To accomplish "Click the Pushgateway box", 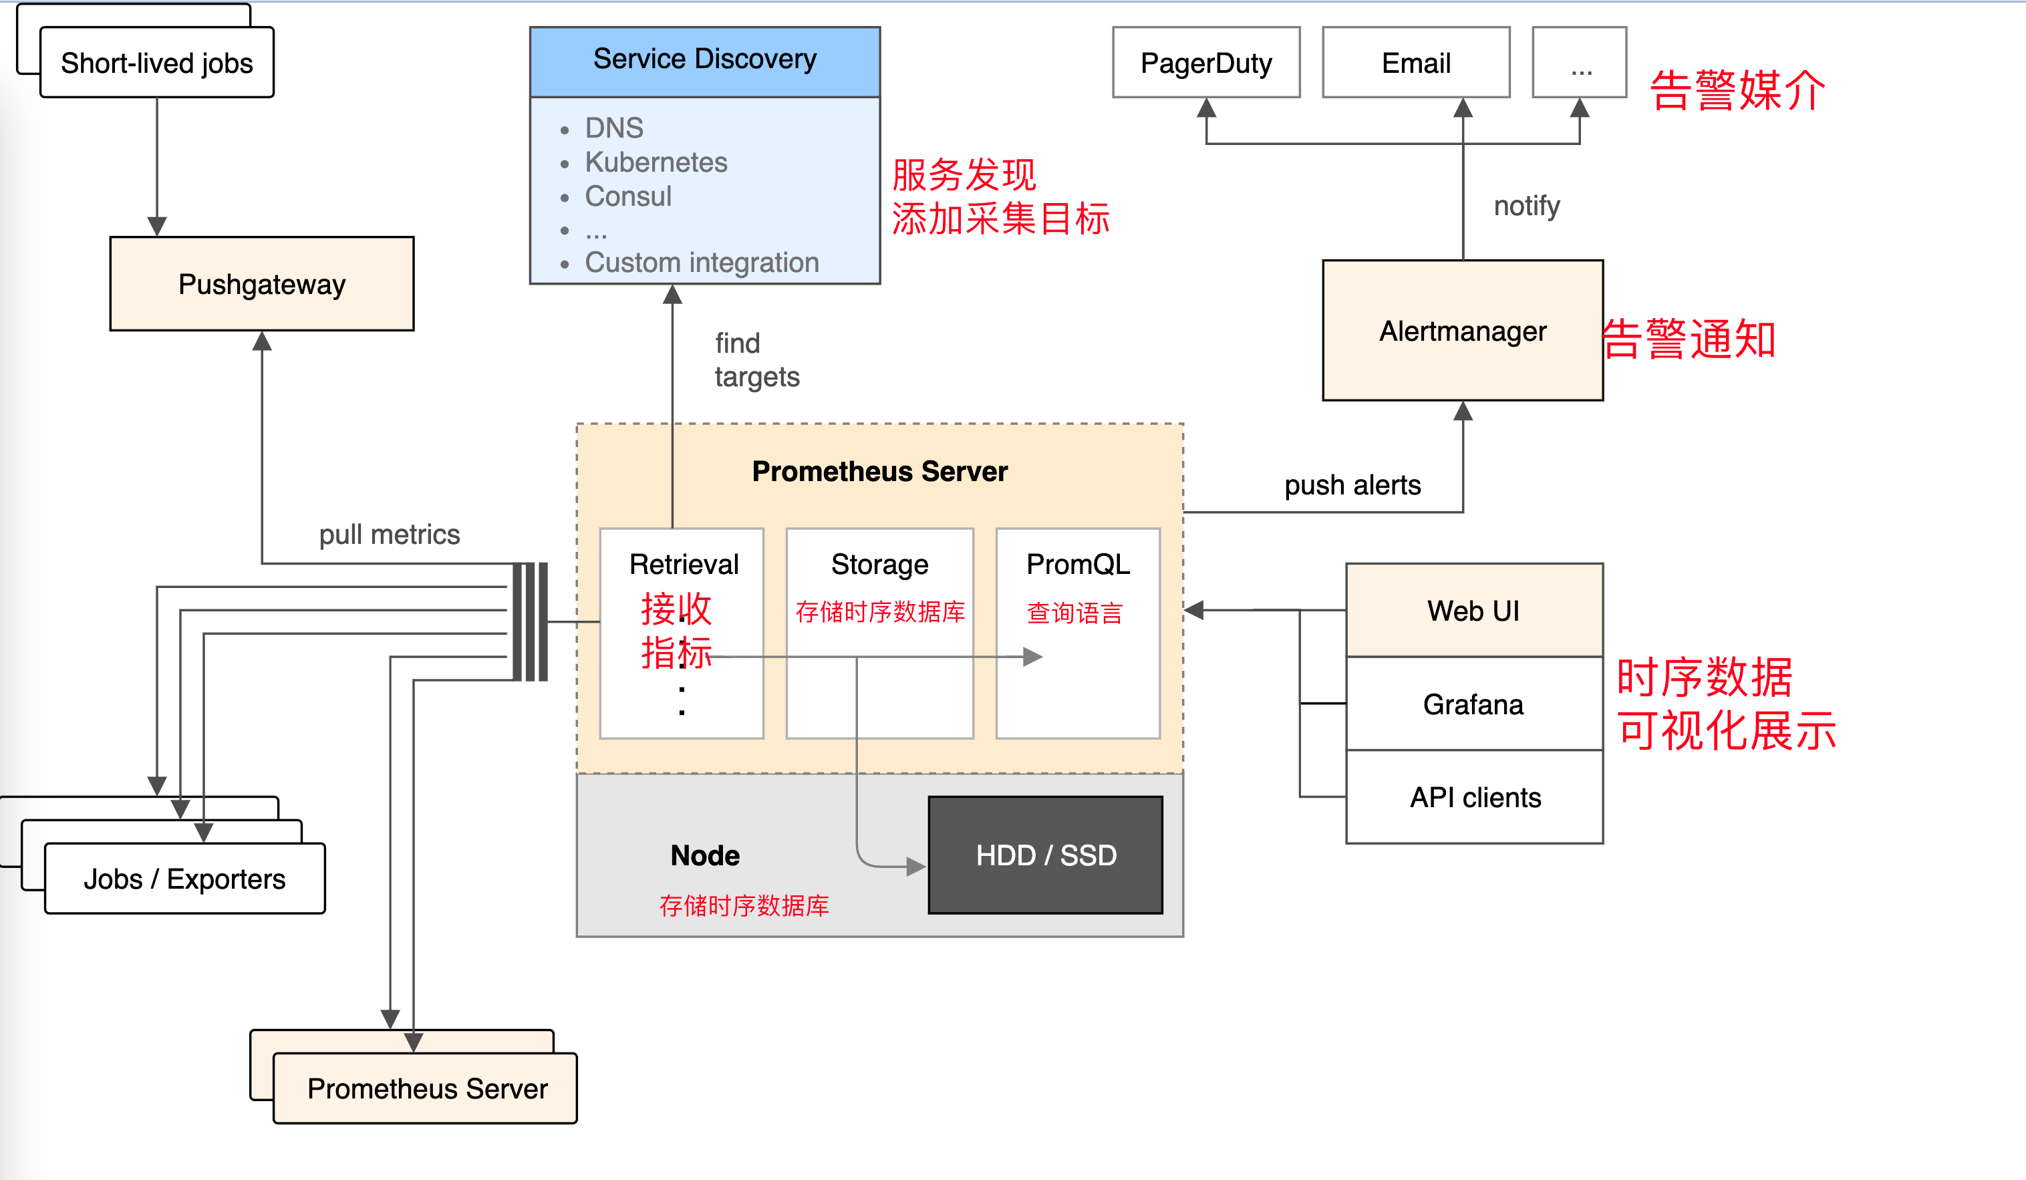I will coord(261,284).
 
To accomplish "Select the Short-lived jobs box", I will coord(157,63).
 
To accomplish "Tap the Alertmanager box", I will coord(1463,330).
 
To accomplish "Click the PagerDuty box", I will coord(1206,63).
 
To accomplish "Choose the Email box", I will coord(1416,63).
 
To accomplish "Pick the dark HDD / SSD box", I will coord(1045,855).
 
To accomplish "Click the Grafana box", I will coord(1473,704).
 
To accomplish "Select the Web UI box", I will coord(1473,611).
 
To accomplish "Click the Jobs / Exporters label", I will coord(185,879).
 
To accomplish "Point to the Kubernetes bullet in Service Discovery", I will coord(656,162).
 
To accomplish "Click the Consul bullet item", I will coord(628,196).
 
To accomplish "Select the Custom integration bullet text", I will coord(701,263).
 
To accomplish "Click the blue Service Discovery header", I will coord(704,59).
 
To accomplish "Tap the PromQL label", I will coord(1077,565).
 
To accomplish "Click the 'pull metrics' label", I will coord(389,535).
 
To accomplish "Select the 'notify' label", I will coord(1526,206).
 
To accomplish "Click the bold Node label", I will coord(705,855).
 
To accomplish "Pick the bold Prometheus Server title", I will coord(879,471).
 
